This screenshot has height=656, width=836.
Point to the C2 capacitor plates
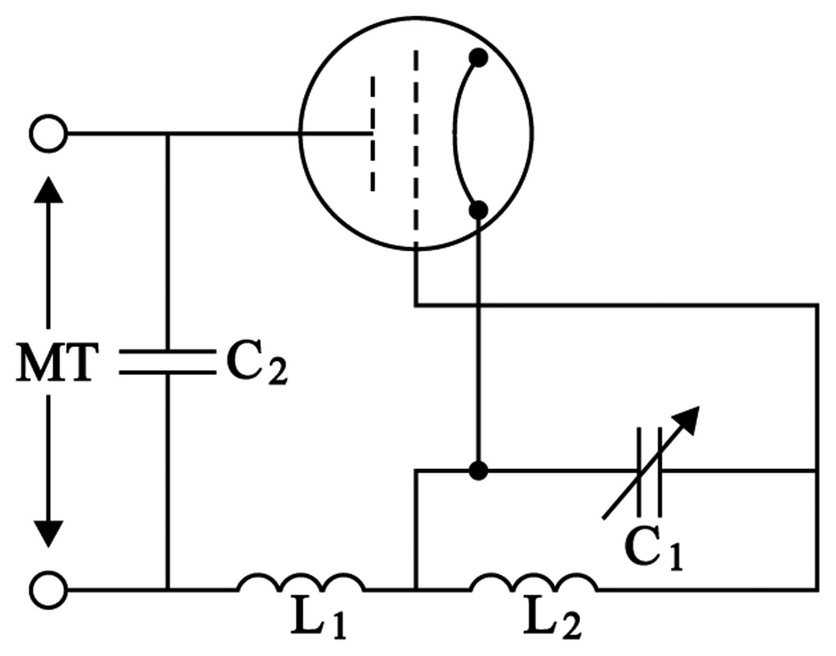pyautogui.click(x=167, y=362)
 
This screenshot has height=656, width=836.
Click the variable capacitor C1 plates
pyautogui.click(x=649, y=471)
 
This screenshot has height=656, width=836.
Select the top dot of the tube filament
pyautogui.click(x=478, y=58)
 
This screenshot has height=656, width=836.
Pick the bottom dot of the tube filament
pyautogui.click(x=478, y=210)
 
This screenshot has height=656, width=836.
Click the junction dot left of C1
pyautogui.click(x=478, y=470)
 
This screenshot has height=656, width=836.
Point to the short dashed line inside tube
pyautogui.click(x=372, y=134)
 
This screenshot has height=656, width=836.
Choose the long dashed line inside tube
pyautogui.click(x=416, y=149)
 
